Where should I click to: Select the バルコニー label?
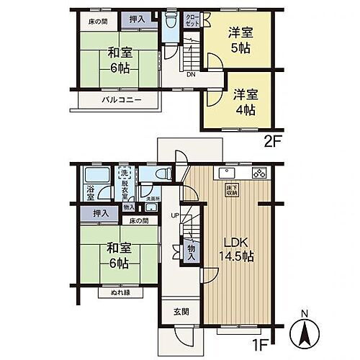coord(120,100)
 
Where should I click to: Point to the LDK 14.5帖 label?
coord(236,248)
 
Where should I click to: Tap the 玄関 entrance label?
coord(181,312)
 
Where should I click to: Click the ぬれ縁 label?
coord(115,294)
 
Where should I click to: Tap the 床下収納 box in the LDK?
coord(234,190)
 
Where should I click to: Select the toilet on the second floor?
coord(170,21)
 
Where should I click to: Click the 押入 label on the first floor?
coord(102,213)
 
